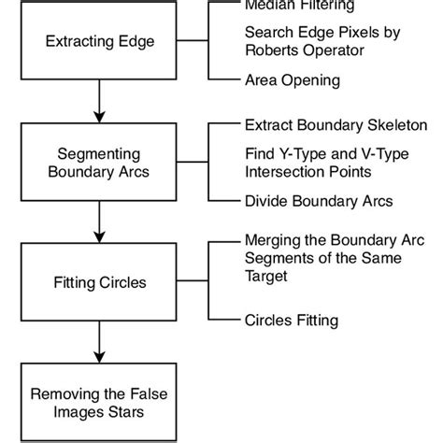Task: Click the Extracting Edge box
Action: [99, 43]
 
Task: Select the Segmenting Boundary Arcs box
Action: [99, 163]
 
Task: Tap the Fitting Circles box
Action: [99, 281]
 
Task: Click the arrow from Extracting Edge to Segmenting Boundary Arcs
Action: [99, 103]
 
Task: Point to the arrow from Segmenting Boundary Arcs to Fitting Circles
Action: [99, 221]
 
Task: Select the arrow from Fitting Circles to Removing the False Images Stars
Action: [99, 341]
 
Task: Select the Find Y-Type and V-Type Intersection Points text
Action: [323, 162]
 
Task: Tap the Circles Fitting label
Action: [291, 320]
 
